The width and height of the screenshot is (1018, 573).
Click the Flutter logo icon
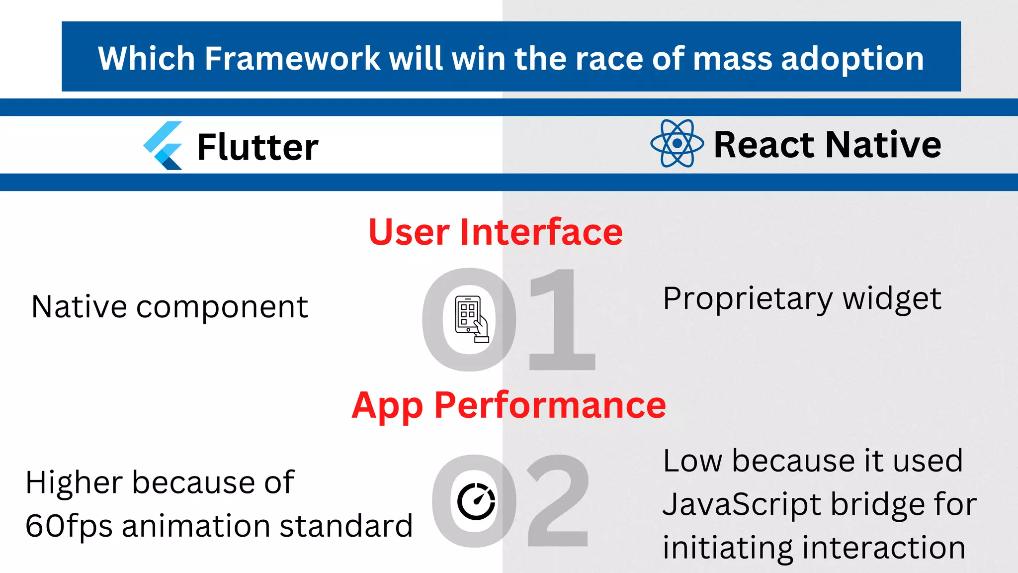click(x=163, y=146)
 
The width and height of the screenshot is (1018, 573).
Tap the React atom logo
click(x=677, y=143)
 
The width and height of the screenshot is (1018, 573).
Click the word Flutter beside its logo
click(x=257, y=147)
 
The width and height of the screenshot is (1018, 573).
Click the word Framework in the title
click(x=292, y=59)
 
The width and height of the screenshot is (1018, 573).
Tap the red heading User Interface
click(x=495, y=232)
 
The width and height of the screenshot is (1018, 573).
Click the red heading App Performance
click(x=509, y=405)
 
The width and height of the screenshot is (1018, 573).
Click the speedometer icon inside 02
click(x=476, y=501)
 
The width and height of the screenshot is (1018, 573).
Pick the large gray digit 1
click(x=560, y=320)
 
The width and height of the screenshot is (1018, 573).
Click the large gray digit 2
click(x=558, y=501)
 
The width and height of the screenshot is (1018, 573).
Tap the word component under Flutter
click(x=222, y=307)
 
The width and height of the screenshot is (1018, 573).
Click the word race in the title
click(x=609, y=59)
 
